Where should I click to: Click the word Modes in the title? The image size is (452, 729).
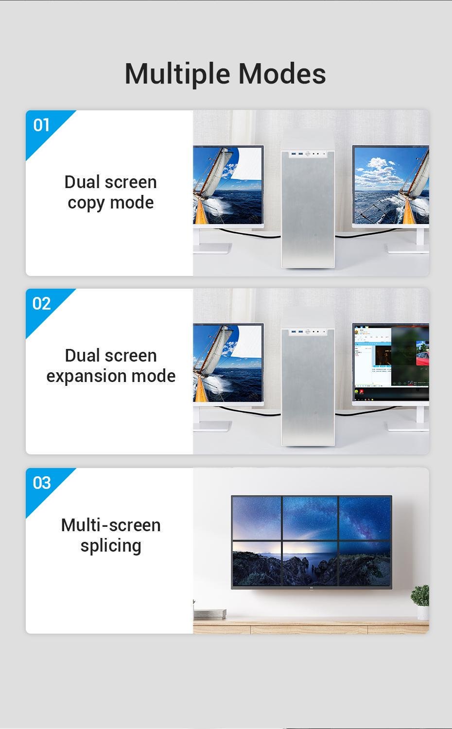point(282,74)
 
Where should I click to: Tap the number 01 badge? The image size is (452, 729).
point(42,125)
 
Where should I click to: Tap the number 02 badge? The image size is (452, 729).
point(42,304)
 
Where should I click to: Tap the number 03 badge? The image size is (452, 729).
point(42,483)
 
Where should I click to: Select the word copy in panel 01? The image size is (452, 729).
point(85,203)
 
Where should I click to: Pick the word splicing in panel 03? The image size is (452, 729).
point(111,546)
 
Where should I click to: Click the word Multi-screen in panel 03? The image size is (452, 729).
point(111,525)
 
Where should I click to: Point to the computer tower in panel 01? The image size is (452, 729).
point(308,209)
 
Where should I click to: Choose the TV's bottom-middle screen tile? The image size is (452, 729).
point(311,563)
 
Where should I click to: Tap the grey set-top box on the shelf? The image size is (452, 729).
point(210,613)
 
